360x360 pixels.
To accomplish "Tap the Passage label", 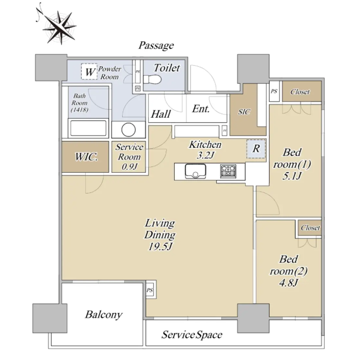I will tap(156, 46).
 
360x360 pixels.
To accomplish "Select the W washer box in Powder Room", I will tap(89, 73).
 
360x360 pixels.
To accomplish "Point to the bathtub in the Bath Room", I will tap(89, 129).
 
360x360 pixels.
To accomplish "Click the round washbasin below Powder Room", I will tap(129, 129).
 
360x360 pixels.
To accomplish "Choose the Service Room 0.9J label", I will tap(129, 157).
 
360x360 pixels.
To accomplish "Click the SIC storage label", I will tap(244, 112).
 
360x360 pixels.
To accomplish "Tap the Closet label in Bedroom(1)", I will tap(300, 92).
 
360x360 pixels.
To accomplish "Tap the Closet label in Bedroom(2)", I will tap(310, 228).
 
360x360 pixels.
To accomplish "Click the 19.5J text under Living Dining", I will tap(160, 246).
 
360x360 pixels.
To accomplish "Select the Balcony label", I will tap(103, 314).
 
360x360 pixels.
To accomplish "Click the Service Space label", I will tap(192, 335).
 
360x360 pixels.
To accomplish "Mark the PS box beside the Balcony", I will tap(150, 290).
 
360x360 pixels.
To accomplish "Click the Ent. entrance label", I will tap(201, 109).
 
